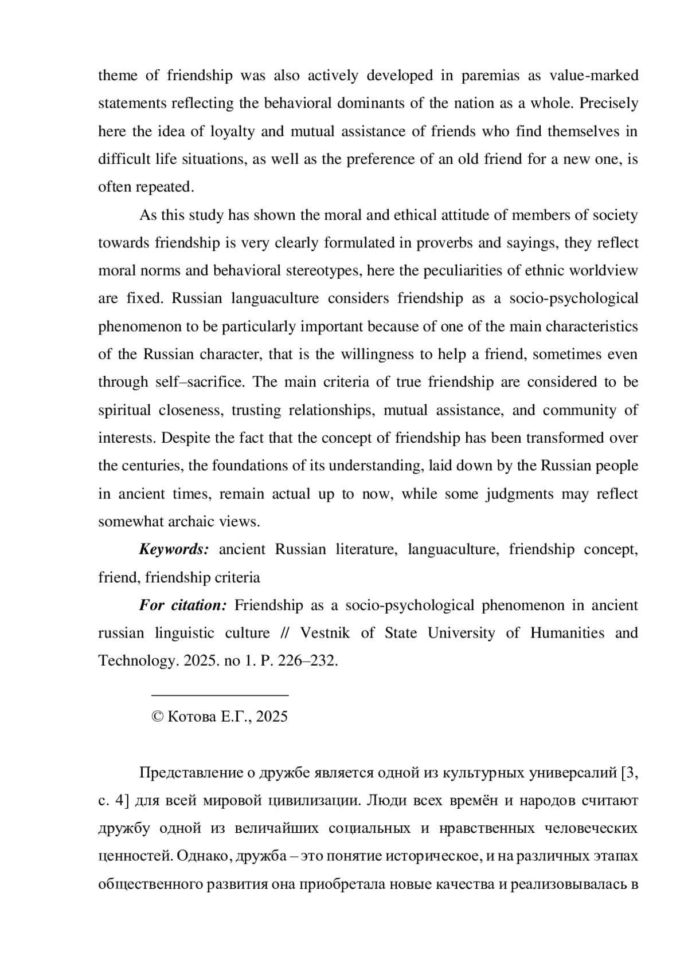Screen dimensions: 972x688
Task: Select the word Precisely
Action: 609,104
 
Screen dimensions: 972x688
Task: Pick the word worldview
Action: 607,271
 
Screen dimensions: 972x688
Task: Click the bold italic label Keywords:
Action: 174,549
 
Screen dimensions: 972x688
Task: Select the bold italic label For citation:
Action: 183,605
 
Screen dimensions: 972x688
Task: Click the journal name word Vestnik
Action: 325,633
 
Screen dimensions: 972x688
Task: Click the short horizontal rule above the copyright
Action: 220,695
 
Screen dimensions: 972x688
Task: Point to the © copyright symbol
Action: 157,717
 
